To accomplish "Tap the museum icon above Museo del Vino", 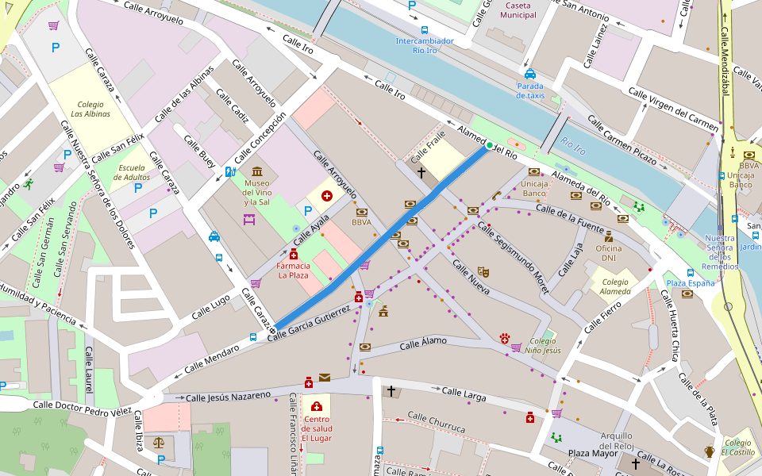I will pos(257,171).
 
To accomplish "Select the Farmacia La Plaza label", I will pos(293,271).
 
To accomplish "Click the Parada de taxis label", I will pos(530,90).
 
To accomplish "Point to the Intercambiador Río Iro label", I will pos(425,45).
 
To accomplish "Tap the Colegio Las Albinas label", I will pos(90,109).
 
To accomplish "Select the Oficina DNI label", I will pos(609,253).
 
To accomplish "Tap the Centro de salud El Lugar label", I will pos(316,428).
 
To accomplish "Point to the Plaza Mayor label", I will pos(592,453).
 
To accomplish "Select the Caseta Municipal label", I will pos(520,10).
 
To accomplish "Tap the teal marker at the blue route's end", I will pos(489,145).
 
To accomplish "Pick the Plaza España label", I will pos(690,283).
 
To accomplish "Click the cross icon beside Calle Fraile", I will pos(421,171).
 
